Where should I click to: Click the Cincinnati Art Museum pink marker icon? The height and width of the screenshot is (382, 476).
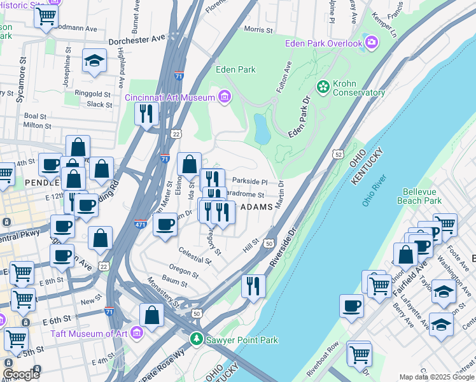coord(224,97)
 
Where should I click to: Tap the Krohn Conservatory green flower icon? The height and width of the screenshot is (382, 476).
coord(323,85)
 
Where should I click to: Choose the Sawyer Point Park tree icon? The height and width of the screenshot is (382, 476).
coord(197,340)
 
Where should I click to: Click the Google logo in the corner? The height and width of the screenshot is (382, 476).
coord(22,374)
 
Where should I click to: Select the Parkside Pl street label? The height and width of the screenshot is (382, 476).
coord(253,181)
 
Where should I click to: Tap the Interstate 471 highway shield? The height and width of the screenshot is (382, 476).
coord(141,224)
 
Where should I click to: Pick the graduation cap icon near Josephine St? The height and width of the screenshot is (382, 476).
coord(94,61)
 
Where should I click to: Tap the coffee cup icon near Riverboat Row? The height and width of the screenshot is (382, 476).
coord(351,305)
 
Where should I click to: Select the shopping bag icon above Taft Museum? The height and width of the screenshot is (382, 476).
coord(151,314)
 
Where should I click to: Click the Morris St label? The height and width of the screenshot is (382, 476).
coord(258,29)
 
